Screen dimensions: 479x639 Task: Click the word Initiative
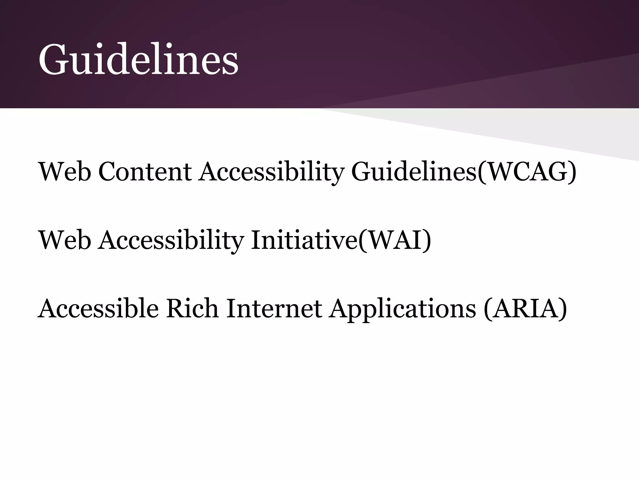(304, 240)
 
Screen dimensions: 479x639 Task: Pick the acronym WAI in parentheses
(394, 240)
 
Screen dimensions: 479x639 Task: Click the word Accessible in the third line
(98, 308)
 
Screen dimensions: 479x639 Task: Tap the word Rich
(192, 308)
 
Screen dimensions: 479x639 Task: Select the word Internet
(274, 308)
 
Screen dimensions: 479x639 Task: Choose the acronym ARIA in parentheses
(525, 308)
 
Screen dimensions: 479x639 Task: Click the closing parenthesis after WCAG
(573, 172)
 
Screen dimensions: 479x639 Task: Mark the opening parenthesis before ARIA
(487, 309)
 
